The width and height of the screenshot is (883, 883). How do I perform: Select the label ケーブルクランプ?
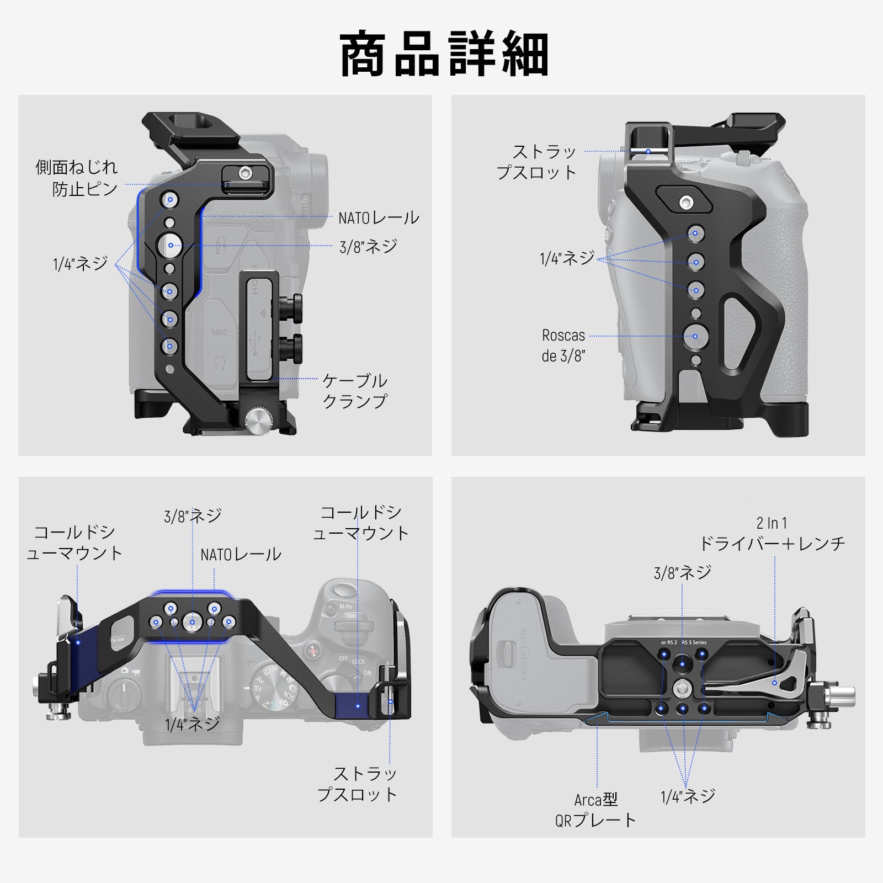coord(354,391)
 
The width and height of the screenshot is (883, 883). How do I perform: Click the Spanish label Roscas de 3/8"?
coord(563,345)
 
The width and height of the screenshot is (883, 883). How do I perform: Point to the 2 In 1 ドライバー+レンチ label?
coord(772,534)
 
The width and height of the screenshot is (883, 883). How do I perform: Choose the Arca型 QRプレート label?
coord(595,810)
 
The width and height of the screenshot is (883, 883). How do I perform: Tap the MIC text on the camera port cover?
coord(220,333)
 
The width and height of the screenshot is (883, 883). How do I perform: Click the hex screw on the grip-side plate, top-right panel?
coord(687,203)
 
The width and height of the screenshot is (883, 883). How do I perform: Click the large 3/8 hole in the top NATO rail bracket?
coord(192,622)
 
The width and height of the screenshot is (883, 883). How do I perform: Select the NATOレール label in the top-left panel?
coord(379,218)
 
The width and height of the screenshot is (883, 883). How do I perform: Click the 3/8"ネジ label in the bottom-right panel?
coord(682,573)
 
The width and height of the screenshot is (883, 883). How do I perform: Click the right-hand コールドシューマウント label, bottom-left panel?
coord(360,523)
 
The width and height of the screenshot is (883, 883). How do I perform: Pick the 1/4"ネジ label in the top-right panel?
coord(567,258)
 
